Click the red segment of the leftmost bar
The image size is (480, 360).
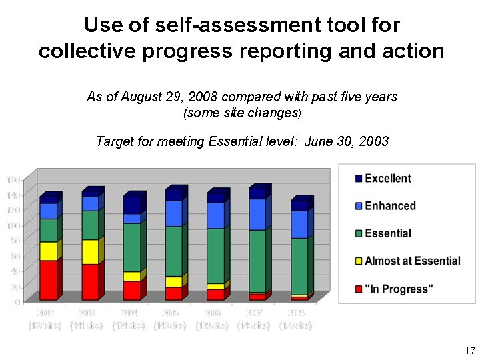(x=48, y=280)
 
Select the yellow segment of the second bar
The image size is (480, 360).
(x=90, y=251)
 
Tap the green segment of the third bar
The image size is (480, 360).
(x=132, y=247)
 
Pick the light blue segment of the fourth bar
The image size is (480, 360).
(x=173, y=213)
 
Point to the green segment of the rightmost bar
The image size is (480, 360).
(x=299, y=266)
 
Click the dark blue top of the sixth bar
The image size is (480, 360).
(x=257, y=193)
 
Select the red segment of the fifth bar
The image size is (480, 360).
(x=215, y=294)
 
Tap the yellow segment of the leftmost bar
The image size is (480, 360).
(x=48, y=251)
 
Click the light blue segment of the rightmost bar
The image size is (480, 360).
(x=299, y=224)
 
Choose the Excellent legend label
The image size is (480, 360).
(x=388, y=179)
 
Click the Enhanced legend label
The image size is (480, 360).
(x=390, y=206)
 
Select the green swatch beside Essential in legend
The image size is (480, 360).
(x=358, y=233)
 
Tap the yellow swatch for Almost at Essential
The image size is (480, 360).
(x=358, y=261)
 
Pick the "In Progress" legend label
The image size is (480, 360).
(x=399, y=288)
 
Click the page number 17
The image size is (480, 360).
(x=469, y=351)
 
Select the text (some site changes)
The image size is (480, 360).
(x=242, y=113)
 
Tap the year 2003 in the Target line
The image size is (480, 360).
(x=374, y=141)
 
